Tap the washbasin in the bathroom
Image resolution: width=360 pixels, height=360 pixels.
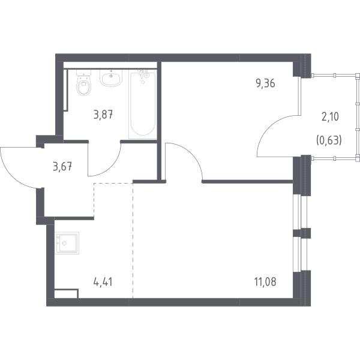(x=111, y=78)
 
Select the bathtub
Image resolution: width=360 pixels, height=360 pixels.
(x=143, y=104)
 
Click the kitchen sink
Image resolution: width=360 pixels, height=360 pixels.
(x=67, y=243)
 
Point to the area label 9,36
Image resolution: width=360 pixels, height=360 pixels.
(x=265, y=83)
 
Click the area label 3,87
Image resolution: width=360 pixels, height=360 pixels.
(x=103, y=115)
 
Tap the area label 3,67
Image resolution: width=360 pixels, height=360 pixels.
(x=62, y=166)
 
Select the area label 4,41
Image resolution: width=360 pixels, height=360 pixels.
(x=103, y=282)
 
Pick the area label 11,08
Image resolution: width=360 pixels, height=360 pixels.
(x=265, y=282)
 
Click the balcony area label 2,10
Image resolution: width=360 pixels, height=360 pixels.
(x=330, y=117)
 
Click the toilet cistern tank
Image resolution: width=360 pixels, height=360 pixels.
(x=84, y=73)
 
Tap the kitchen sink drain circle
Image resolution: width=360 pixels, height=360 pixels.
(x=65, y=243)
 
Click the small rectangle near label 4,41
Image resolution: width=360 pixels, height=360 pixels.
(x=67, y=293)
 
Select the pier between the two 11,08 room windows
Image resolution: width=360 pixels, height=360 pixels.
(x=302, y=233)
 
